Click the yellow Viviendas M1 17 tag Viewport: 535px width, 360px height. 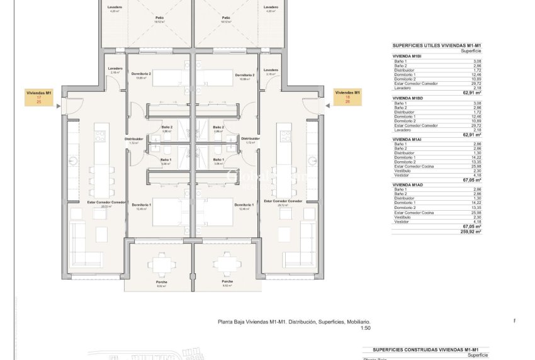[x=39, y=97]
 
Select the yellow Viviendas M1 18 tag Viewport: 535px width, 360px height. [x=347, y=97]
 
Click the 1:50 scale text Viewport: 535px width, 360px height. [x=366, y=328]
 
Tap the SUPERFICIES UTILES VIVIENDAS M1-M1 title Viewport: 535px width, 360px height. [x=436, y=46]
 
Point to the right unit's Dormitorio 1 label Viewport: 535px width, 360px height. [x=244, y=205]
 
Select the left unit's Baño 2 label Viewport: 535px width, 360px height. [x=166, y=127]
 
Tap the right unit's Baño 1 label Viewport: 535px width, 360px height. [x=219, y=160]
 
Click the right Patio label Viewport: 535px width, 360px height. [x=225, y=18]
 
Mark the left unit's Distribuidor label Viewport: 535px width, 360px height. [x=134, y=138]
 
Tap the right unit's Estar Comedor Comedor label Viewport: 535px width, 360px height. [x=283, y=201]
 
